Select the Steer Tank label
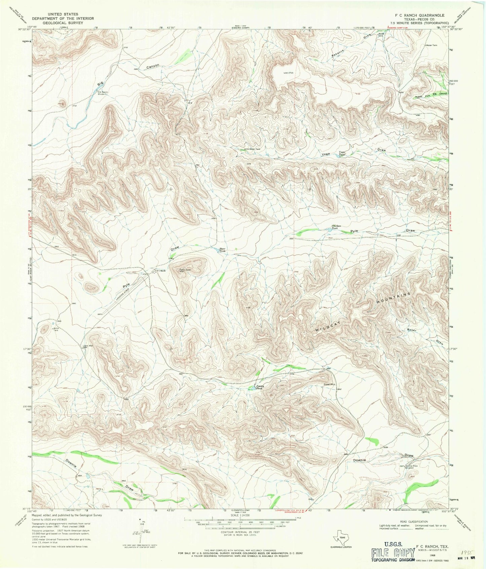pyautogui.click(x=223, y=250)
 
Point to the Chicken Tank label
pyautogui.click(x=336, y=227)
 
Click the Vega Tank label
pyautogui.click(x=342, y=154)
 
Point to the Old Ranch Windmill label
pyautogui.click(x=102, y=93)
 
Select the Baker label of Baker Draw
pyautogui.click(x=412, y=330)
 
